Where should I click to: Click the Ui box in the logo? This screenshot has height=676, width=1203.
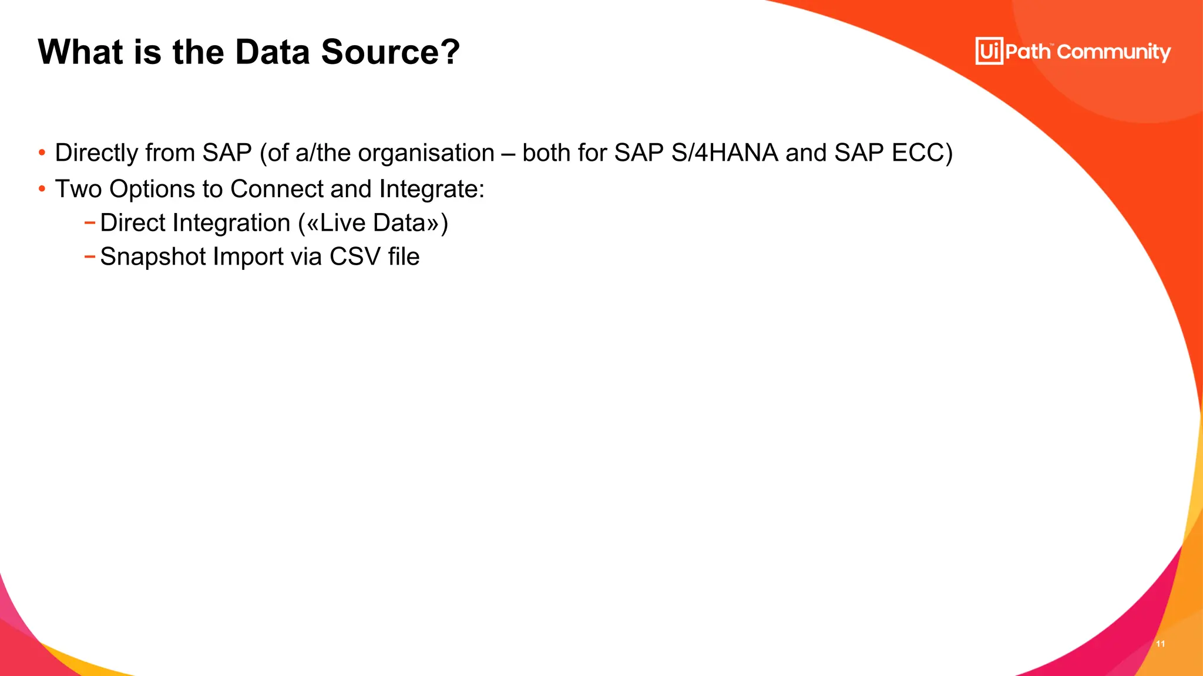pyautogui.click(x=989, y=51)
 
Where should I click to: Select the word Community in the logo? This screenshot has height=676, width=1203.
pyautogui.click(x=1114, y=52)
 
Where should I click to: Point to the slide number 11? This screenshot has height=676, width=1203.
pyautogui.click(x=1160, y=644)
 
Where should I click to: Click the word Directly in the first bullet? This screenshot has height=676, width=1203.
pyautogui.click(x=96, y=153)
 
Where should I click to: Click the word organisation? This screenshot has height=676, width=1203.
pyautogui.click(x=426, y=153)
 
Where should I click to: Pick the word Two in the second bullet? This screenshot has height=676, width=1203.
pyautogui.click(x=78, y=190)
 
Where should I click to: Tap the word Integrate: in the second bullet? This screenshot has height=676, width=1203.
pyautogui.click(x=432, y=190)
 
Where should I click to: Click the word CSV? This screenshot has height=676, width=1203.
pyautogui.click(x=355, y=257)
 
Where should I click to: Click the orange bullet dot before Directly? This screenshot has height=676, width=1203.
pyautogui.click(x=42, y=153)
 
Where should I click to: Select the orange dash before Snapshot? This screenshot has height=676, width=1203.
pyautogui.click(x=89, y=256)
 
